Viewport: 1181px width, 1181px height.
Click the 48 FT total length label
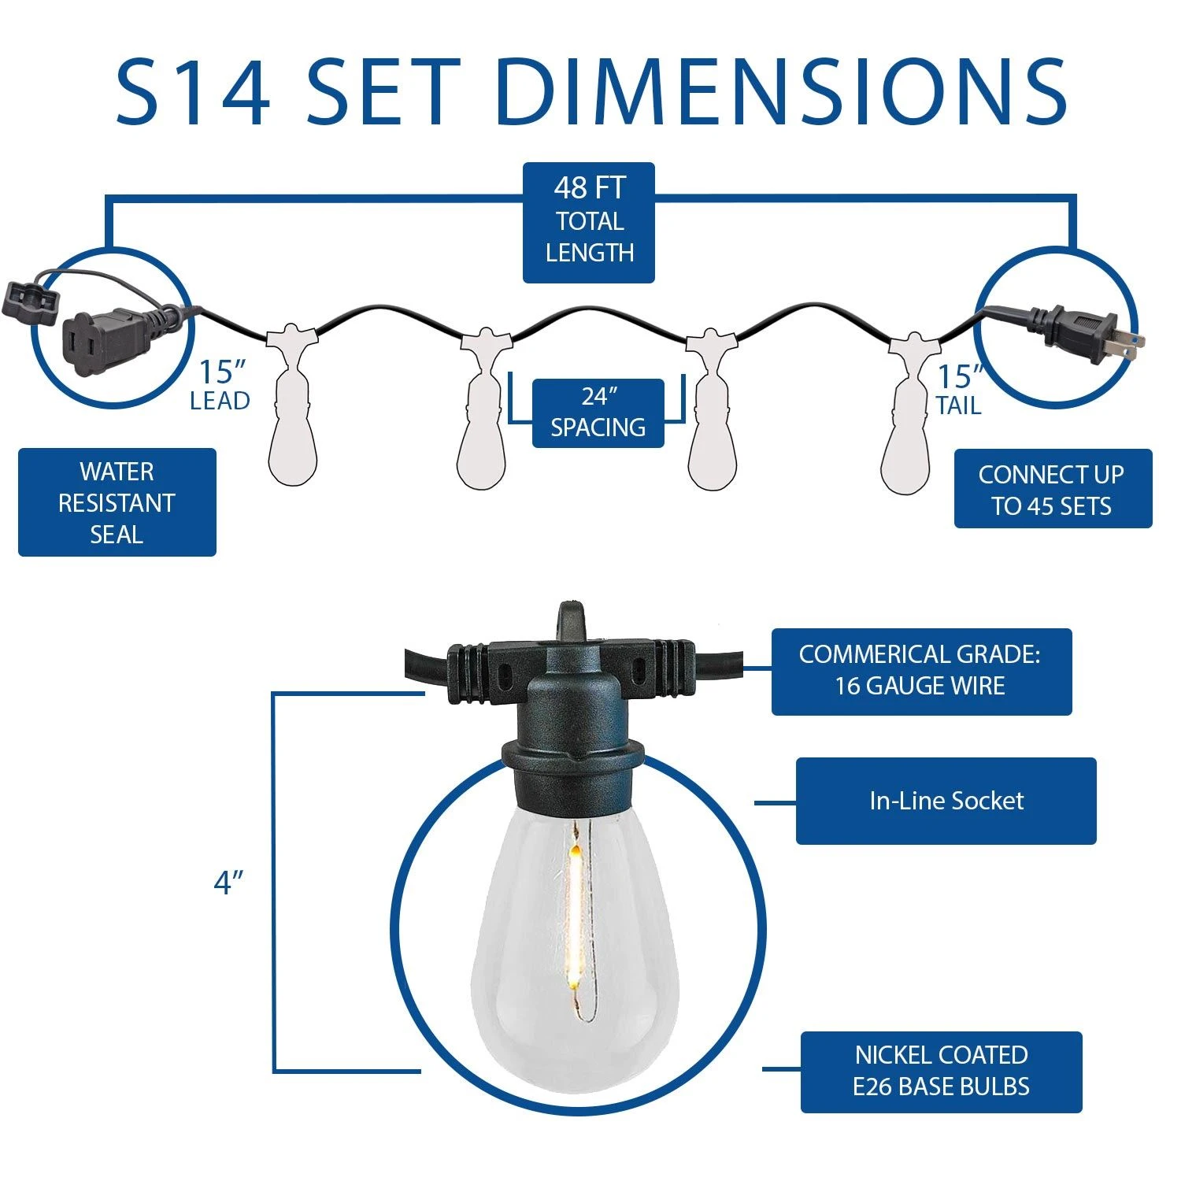click(x=589, y=222)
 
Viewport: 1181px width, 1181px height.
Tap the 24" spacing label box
click(x=598, y=413)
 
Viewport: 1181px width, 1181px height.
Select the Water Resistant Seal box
click(x=117, y=502)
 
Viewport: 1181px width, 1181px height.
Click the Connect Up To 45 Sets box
click(x=1053, y=489)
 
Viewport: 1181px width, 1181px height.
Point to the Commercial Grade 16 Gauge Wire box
click(x=921, y=672)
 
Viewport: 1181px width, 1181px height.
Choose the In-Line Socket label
click(x=946, y=801)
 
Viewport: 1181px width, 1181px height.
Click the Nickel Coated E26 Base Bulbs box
click(x=942, y=1072)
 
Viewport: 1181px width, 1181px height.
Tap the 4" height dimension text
click(x=228, y=883)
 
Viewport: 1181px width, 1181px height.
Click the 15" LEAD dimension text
click(x=220, y=385)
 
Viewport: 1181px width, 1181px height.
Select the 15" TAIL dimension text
click(x=959, y=391)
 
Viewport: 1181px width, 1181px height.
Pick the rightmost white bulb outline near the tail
click(x=909, y=414)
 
